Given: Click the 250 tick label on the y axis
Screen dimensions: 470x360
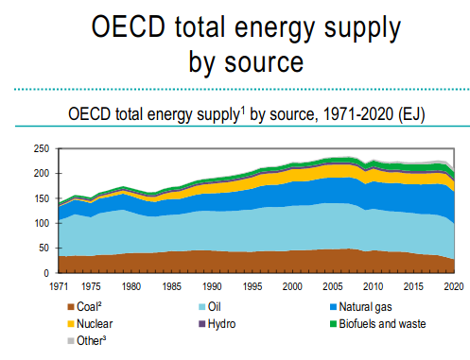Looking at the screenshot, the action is point(42,148).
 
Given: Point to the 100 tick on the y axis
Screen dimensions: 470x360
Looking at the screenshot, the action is point(42,223).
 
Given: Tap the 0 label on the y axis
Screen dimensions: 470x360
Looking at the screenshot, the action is point(46,273).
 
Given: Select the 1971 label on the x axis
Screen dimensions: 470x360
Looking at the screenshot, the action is point(59,286).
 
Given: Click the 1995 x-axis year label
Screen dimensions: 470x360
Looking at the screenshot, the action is point(252,286).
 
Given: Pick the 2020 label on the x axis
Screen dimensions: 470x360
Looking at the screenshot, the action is point(454,286).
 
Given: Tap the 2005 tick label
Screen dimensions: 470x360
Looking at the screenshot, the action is point(333,286).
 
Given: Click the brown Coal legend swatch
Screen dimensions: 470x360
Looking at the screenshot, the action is point(71,307).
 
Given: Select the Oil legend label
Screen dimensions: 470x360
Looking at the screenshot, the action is point(215,307).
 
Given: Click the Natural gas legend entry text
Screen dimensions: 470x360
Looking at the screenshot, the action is point(365,307).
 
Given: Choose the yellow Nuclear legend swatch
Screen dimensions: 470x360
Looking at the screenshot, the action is point(71,324).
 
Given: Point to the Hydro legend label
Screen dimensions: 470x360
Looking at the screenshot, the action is point(221,324).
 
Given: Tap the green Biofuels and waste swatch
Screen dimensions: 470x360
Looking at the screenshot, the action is point(333,324).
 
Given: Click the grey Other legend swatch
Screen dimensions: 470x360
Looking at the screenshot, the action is point(71,341).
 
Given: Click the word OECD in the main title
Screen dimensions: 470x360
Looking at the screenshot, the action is point(129,26).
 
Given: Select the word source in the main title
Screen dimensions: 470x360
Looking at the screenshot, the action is point(264,62).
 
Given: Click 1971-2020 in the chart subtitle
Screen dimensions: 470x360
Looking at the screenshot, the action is point(358,113).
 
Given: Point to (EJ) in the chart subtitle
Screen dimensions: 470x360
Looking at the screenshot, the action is point(411,114).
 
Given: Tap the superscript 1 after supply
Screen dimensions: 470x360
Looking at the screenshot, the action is point(243,111).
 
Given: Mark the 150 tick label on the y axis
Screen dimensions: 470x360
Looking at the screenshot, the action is point(42,198).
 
